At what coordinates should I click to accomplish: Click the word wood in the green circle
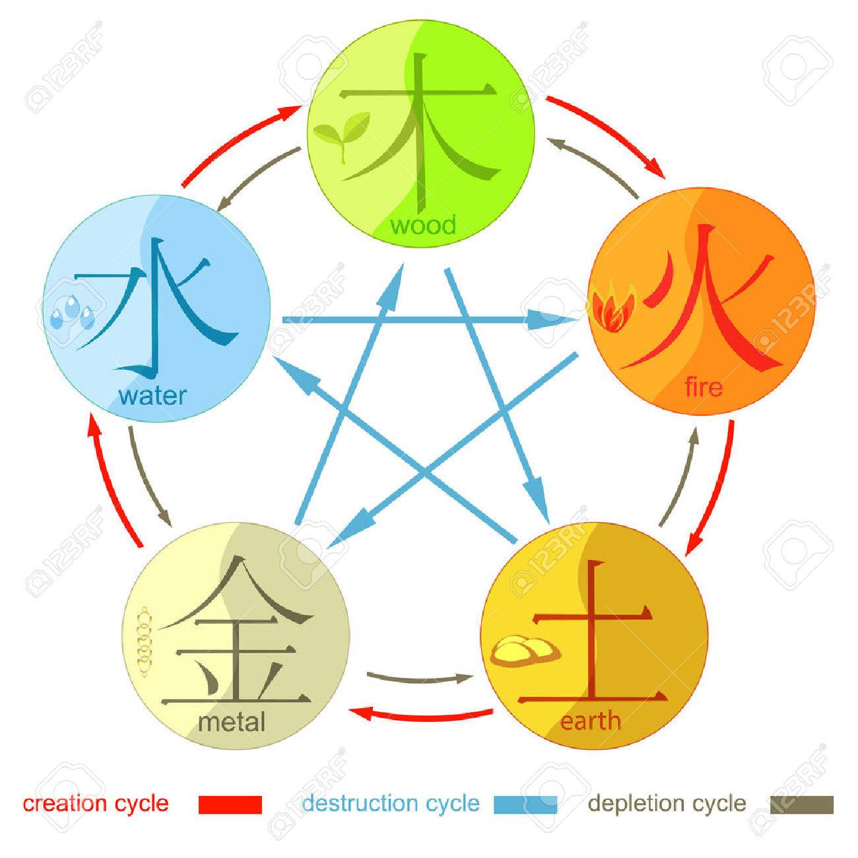click(422, 226)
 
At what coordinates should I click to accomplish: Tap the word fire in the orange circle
click(704, 387)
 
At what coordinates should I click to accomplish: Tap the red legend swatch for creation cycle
click(230, 805)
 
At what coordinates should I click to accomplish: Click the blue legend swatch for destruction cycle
click(525, 805)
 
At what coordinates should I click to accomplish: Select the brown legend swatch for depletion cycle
click(802, 805)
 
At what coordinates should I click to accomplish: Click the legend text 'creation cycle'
click(96, 803)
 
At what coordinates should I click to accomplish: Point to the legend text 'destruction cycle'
click(390, 803)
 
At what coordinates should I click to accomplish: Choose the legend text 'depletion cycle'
click(667, 803)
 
